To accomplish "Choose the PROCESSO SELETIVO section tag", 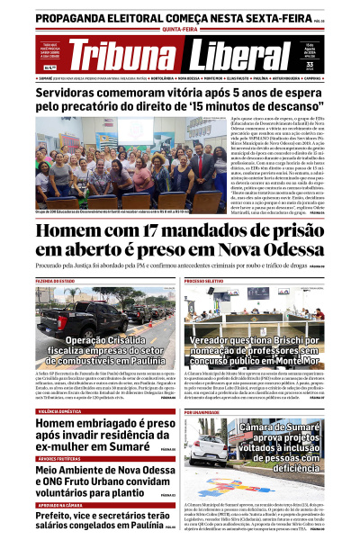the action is pos(208,282).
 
